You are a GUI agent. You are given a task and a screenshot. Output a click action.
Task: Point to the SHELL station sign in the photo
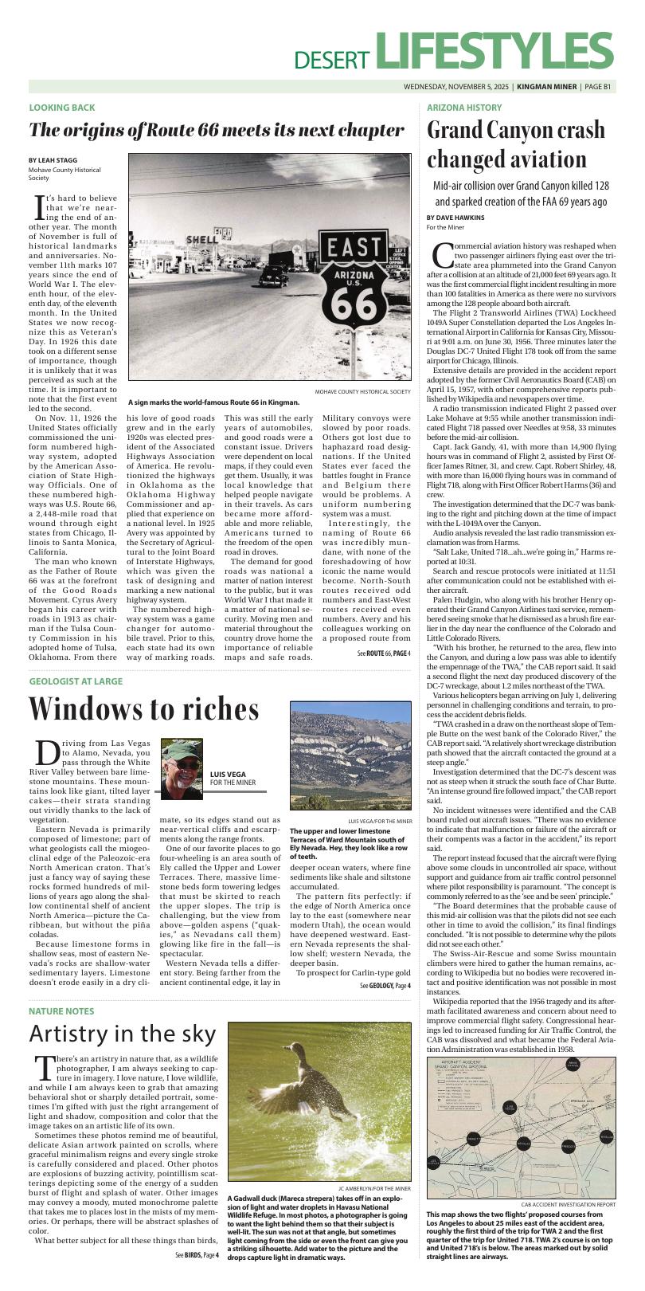point(201,239)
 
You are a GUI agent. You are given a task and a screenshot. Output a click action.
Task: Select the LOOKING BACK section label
point(62,108)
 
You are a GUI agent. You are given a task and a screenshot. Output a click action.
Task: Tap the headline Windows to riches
point(144,708)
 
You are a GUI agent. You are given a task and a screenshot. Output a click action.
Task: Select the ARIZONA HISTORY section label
point(464,108)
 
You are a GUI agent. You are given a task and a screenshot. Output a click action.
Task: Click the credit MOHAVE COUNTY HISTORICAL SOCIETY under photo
point(362,392)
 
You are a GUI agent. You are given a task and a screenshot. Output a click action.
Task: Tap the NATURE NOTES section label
point(62,1011)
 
